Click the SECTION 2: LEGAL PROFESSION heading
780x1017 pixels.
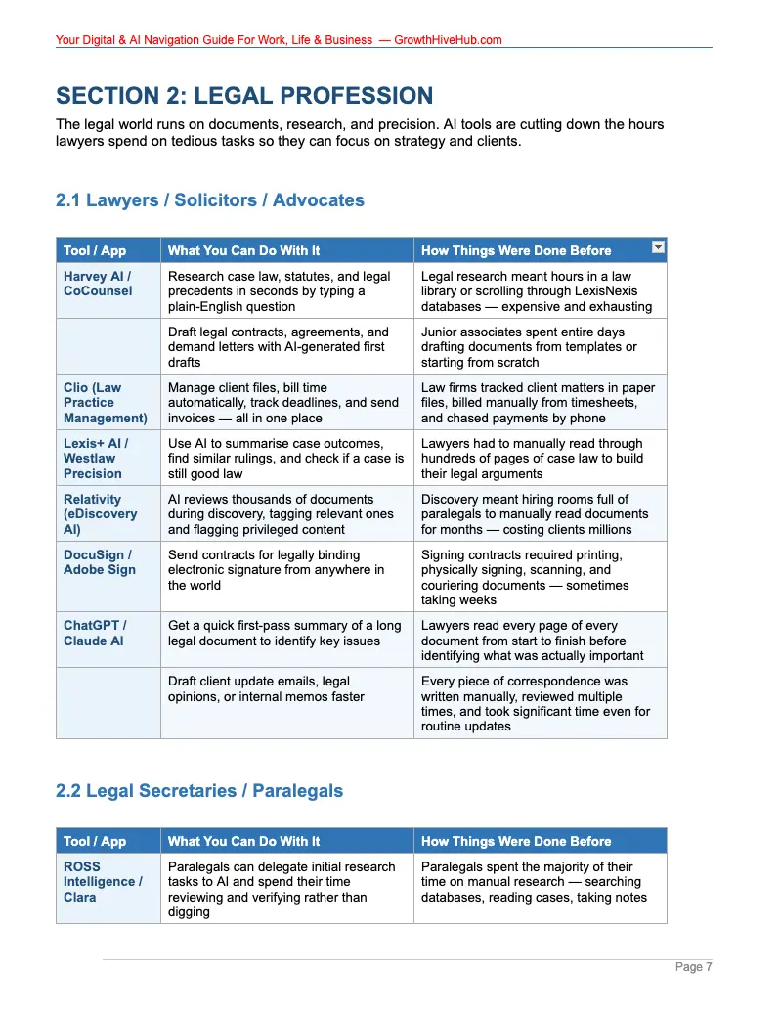[244, 96]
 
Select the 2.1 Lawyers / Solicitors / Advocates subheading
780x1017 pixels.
[210, 200]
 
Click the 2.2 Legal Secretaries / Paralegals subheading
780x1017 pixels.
[199, 790]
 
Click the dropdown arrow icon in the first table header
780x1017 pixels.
[658, 248]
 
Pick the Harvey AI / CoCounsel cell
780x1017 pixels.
[98, 284]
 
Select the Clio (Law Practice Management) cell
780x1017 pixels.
[105, 403]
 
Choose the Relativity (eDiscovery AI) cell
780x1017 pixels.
[100, 514]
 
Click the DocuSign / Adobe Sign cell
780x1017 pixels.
[100, 562]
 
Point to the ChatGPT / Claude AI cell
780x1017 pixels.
[95, 633]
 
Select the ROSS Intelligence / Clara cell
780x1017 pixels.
[103, 882]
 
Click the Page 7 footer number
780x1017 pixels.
[694, 967]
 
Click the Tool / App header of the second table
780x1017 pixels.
[95, 841]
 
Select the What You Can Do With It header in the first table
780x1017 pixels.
[243, 250]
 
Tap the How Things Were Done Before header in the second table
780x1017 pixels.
[516, 841]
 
